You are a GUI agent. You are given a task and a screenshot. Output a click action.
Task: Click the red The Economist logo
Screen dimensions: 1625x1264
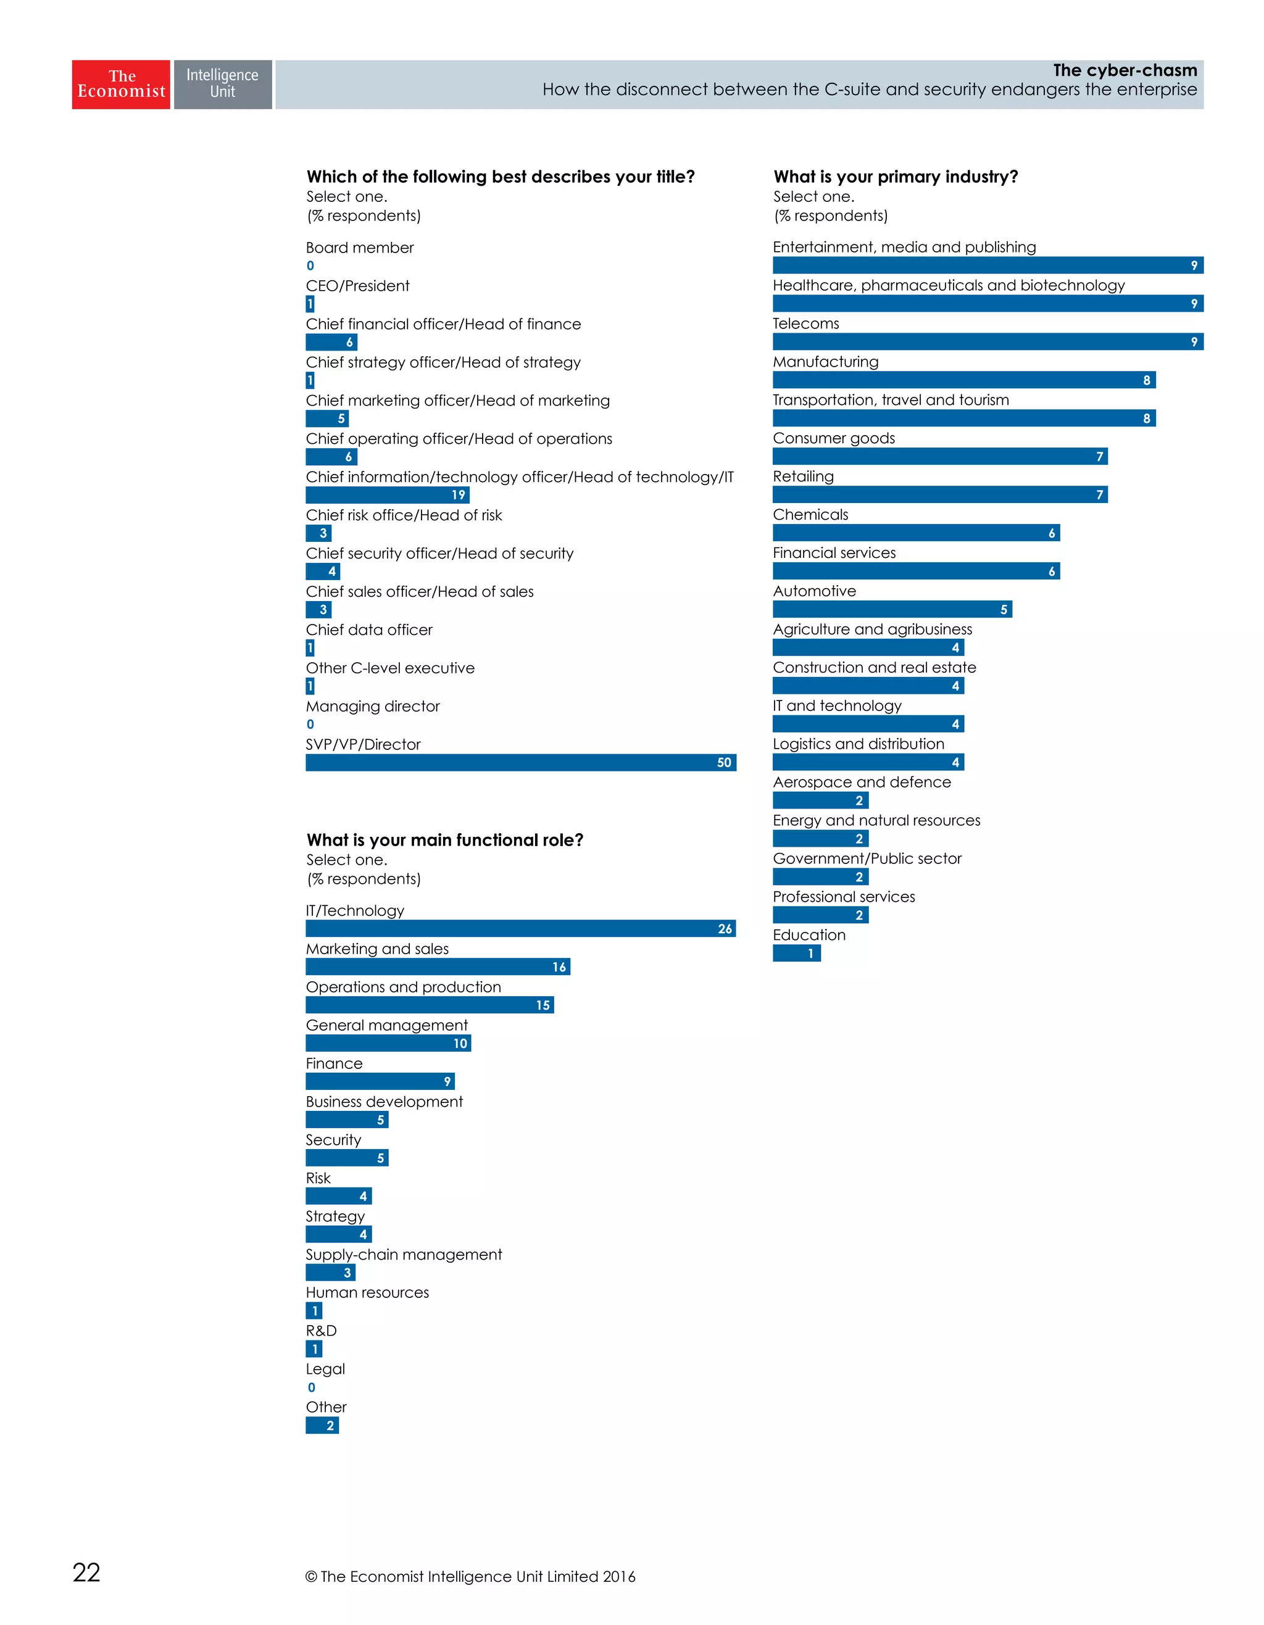120,84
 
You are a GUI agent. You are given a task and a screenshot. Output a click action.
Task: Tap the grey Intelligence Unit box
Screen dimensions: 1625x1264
222,84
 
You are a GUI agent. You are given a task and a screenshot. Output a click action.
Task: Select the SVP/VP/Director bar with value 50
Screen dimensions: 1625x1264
520,762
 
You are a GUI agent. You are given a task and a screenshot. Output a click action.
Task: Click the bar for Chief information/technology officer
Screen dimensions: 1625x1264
387,495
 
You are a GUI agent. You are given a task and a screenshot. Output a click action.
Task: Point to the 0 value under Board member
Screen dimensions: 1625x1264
310,265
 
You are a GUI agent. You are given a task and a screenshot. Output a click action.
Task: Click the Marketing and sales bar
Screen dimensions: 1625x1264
438,966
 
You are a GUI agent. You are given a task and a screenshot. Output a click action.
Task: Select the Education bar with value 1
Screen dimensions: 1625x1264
796,953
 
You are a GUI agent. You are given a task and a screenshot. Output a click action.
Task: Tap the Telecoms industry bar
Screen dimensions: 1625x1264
987,341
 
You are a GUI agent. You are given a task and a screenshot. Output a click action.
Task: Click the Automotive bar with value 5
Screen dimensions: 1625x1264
891,609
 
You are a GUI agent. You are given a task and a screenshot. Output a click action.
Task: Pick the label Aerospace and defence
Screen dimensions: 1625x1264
862,782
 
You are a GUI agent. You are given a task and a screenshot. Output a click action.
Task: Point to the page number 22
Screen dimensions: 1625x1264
86,1572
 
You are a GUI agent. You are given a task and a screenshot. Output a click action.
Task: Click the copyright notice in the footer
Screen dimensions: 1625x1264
470,1576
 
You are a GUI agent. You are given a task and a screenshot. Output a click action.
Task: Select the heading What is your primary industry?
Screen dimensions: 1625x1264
895,177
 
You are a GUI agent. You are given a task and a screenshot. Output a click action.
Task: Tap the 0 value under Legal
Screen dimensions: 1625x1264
311,1387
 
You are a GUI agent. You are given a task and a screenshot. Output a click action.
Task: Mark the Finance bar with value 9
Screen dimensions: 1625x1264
380,1081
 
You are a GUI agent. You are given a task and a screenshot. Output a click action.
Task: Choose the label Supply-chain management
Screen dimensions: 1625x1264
403,1255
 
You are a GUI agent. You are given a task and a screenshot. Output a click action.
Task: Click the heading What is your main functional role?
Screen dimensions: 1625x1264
444,840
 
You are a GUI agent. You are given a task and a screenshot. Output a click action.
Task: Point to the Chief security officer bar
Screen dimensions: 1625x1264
323,571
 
